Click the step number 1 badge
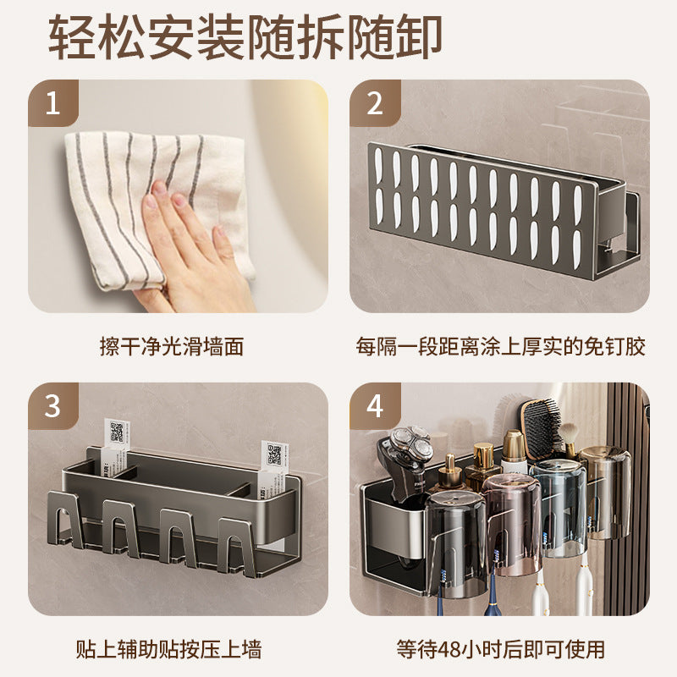[x=52, y=103]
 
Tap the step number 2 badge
[x=374, y=103]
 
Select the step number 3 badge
[x=52, y=406]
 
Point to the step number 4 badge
[x=374, y=406]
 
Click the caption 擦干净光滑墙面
[x=172, y=346]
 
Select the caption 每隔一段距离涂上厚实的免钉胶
[x=500, y=346]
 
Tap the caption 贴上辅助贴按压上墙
[x=168, y=649]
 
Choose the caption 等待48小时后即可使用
[x=500, y=649]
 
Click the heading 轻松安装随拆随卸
[x=245, y=37]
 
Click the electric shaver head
[x=411, y=447]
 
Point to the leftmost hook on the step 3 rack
[x=66, y=520]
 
